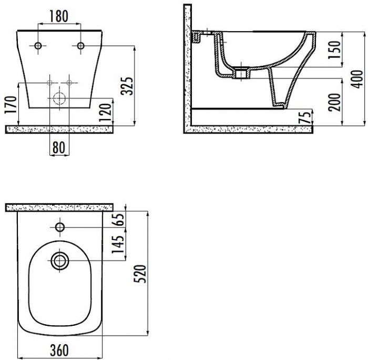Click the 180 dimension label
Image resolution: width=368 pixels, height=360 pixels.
pyautogui.click(x=59, y=16)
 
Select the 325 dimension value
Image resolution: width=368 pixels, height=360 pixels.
pyautogui.click(x=127, y=86)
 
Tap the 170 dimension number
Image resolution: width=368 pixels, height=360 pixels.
pyautogui.click(x=11, y=105)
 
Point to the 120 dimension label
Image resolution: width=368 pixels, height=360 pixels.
pyautogui.click(x=105, y=113)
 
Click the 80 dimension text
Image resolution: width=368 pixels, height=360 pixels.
pyautogui.click(x=59, y=147)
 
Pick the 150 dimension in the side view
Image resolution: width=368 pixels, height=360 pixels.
pyautogui.click(x=334, y=50)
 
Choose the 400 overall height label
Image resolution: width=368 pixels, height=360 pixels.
pyautogui.click(x=357, y=79)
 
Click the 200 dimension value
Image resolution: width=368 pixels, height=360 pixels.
pyautogui.click(x=334, y=102)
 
